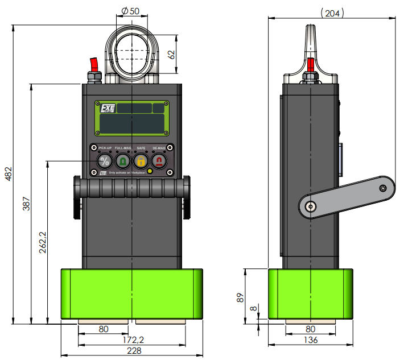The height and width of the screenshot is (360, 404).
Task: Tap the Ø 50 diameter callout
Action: [x=131, y=11]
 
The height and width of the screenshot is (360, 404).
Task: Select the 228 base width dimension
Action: [x=134, y=351]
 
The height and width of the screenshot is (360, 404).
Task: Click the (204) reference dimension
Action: [x=332, y=13]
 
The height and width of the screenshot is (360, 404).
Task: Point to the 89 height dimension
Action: [x=241, y=296]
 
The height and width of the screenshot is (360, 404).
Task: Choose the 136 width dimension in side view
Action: [x=310, y=340]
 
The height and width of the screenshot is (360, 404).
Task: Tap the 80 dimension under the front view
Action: [x=104, y=329]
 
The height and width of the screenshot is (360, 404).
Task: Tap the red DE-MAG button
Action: [x=159, y=162]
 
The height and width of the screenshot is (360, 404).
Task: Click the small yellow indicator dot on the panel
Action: [x=149, y=171]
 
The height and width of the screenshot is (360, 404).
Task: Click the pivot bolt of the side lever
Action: [x=310, y=207]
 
